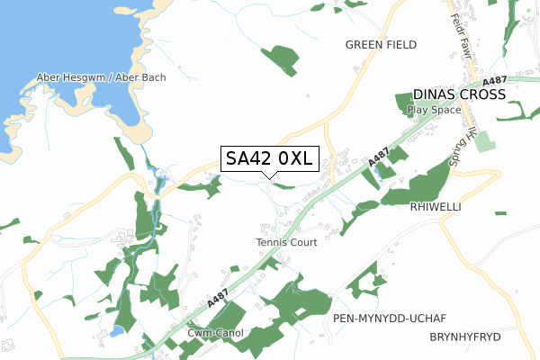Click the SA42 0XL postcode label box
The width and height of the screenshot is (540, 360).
click(x=268, y=158)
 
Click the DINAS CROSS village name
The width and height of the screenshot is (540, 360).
click(x=459, y=94)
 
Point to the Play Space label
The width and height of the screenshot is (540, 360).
click(x=434, y=110)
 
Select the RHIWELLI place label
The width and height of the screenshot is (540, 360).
click(x=436, y=207)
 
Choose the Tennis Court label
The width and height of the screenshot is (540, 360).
click(x=287, y=242)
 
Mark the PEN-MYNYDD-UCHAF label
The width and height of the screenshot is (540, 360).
click(x=390, y=319)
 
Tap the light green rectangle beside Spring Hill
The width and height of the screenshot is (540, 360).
click(x=485, y=140)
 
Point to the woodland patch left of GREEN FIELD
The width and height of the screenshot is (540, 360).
click(x=280, y=59)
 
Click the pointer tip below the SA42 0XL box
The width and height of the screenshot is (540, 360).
click(x=269, y=176)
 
